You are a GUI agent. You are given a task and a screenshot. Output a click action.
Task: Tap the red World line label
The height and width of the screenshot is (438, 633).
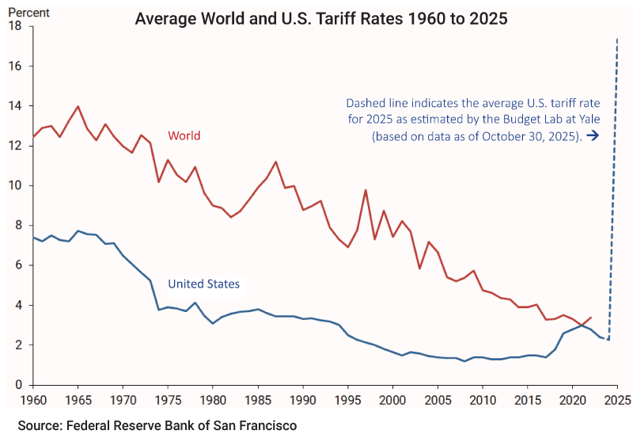(184, 135)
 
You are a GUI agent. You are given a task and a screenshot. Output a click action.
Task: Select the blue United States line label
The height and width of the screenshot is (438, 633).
(203, 283)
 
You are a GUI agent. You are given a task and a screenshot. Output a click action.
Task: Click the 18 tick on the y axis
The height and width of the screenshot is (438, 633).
(15, 26)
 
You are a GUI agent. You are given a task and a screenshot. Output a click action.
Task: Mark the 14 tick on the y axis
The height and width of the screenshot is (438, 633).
(15, 106)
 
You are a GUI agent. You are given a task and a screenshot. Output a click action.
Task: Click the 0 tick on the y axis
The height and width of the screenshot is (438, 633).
(17, 385)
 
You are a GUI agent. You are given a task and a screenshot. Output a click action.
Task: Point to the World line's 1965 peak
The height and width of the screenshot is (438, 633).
(78, 106)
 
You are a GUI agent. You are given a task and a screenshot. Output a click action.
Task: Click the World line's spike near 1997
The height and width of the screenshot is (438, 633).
(366, 190)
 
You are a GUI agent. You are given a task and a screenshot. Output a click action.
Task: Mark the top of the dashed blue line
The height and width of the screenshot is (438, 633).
(617, 37)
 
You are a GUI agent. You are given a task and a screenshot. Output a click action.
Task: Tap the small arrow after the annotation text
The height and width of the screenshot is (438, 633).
(593, 135)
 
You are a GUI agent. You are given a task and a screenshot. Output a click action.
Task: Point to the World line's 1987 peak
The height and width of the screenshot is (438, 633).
(275, 162)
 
